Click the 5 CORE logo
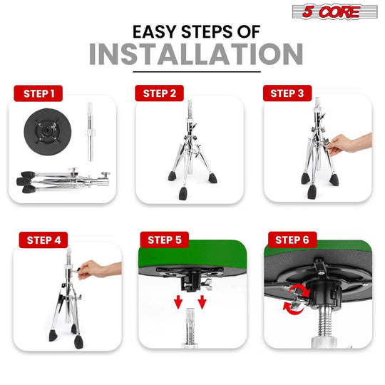pos(334,11)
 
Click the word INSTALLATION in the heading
pos(196,54)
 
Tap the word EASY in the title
pos(155,31)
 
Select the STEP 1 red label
pos(38,93)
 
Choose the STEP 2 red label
pos(160,93)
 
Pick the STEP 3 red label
pos(287,93)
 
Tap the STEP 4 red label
pos(43,240)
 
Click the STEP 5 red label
pos(165,240)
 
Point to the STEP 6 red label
pos(292,240)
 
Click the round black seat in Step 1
pos(48,132)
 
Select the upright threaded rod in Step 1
pos(90,132)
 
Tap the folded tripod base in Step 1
pos(63,180)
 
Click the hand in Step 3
pos(350,144)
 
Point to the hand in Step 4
pos(99,269)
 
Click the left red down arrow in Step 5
pos(178,302)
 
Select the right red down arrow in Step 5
pos(202,302)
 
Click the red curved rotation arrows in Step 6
pos(297,299)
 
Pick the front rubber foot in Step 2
pos(183,193)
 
